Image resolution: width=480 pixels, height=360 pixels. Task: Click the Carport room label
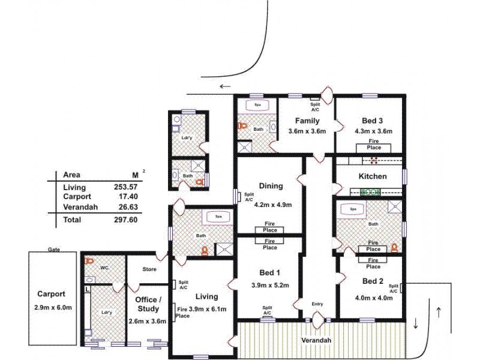coord(51,295)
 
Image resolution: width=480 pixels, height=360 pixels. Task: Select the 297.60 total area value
coord(127,220)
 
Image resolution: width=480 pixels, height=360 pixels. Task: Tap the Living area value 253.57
coord(127,187)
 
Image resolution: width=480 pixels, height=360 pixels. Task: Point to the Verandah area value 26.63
coord(127,207)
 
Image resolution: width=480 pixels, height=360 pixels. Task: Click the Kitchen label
coord(372,176)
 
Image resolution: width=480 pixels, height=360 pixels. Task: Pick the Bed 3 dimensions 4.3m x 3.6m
coord(373,131)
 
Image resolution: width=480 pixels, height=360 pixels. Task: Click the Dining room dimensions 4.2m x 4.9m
coord(273,205)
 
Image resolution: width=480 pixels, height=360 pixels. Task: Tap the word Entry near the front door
coord(317,304)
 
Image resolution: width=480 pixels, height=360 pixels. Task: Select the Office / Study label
coord(148,304)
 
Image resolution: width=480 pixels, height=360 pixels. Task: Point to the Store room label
coord(149,269)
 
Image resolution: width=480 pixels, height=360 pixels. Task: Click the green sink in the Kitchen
coord(370,192)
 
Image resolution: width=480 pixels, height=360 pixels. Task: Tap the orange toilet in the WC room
coord(90,262)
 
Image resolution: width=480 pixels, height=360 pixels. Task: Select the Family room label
coord(307,121)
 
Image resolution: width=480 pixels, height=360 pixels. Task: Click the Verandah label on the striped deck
coord(316,341)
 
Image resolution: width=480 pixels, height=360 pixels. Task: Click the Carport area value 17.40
coord(127,197)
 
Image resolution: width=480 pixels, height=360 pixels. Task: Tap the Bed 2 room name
coord(373,281)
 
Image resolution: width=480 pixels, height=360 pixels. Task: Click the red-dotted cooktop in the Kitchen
coord(374,160)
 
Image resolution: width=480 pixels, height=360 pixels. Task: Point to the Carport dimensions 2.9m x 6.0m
coord(54,308)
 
